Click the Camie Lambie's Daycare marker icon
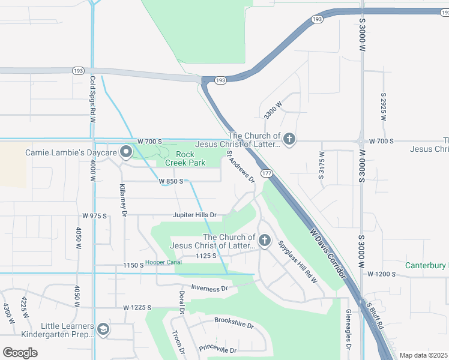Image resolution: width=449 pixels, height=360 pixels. click(126, 153)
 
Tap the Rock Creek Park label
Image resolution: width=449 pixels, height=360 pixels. click(181, 158)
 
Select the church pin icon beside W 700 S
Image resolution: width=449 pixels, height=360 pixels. click(289, 140)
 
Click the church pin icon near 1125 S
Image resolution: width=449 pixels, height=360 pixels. click(265, 241)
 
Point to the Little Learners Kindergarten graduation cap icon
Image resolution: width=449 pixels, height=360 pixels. click(103, 329)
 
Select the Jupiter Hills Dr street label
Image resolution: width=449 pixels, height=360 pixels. click(194, 214)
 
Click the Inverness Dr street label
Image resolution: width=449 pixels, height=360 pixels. click(209, 288)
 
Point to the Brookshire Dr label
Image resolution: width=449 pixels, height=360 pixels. click(234, 323)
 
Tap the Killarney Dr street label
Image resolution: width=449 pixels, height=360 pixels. click(124, 200)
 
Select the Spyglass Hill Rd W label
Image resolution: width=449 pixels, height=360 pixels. click(298, 261)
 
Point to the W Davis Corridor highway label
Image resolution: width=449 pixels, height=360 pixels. click(328, 253)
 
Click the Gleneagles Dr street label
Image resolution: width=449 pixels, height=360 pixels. click(348, 329)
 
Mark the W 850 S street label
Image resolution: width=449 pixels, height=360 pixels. click(170, 181)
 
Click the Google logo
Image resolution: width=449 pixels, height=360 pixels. click(20, 353)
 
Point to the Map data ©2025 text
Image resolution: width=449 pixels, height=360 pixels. click(423, 355)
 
